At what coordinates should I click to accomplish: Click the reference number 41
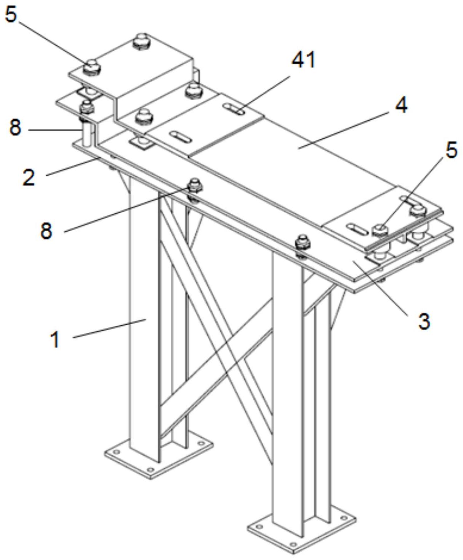[x=303, y=60]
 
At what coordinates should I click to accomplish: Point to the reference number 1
[x=56, y=339]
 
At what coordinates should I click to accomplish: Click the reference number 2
[x=29, y=177]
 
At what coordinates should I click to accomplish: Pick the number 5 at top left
[x=11, y=15]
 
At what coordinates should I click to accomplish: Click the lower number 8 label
[x=46, y=230]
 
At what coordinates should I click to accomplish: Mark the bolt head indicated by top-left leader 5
[x=92, y=65]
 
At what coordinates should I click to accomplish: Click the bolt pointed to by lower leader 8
[x=194, y=184]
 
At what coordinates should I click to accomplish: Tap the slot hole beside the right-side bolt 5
[x=357, y=229]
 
